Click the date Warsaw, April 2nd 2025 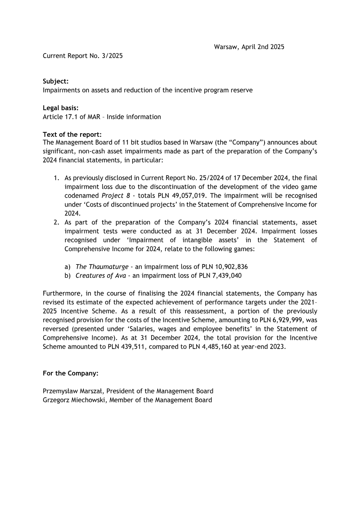[249, 47]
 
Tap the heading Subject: [55, 81]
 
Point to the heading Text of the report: [72, 135]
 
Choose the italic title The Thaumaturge [102, 266]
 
